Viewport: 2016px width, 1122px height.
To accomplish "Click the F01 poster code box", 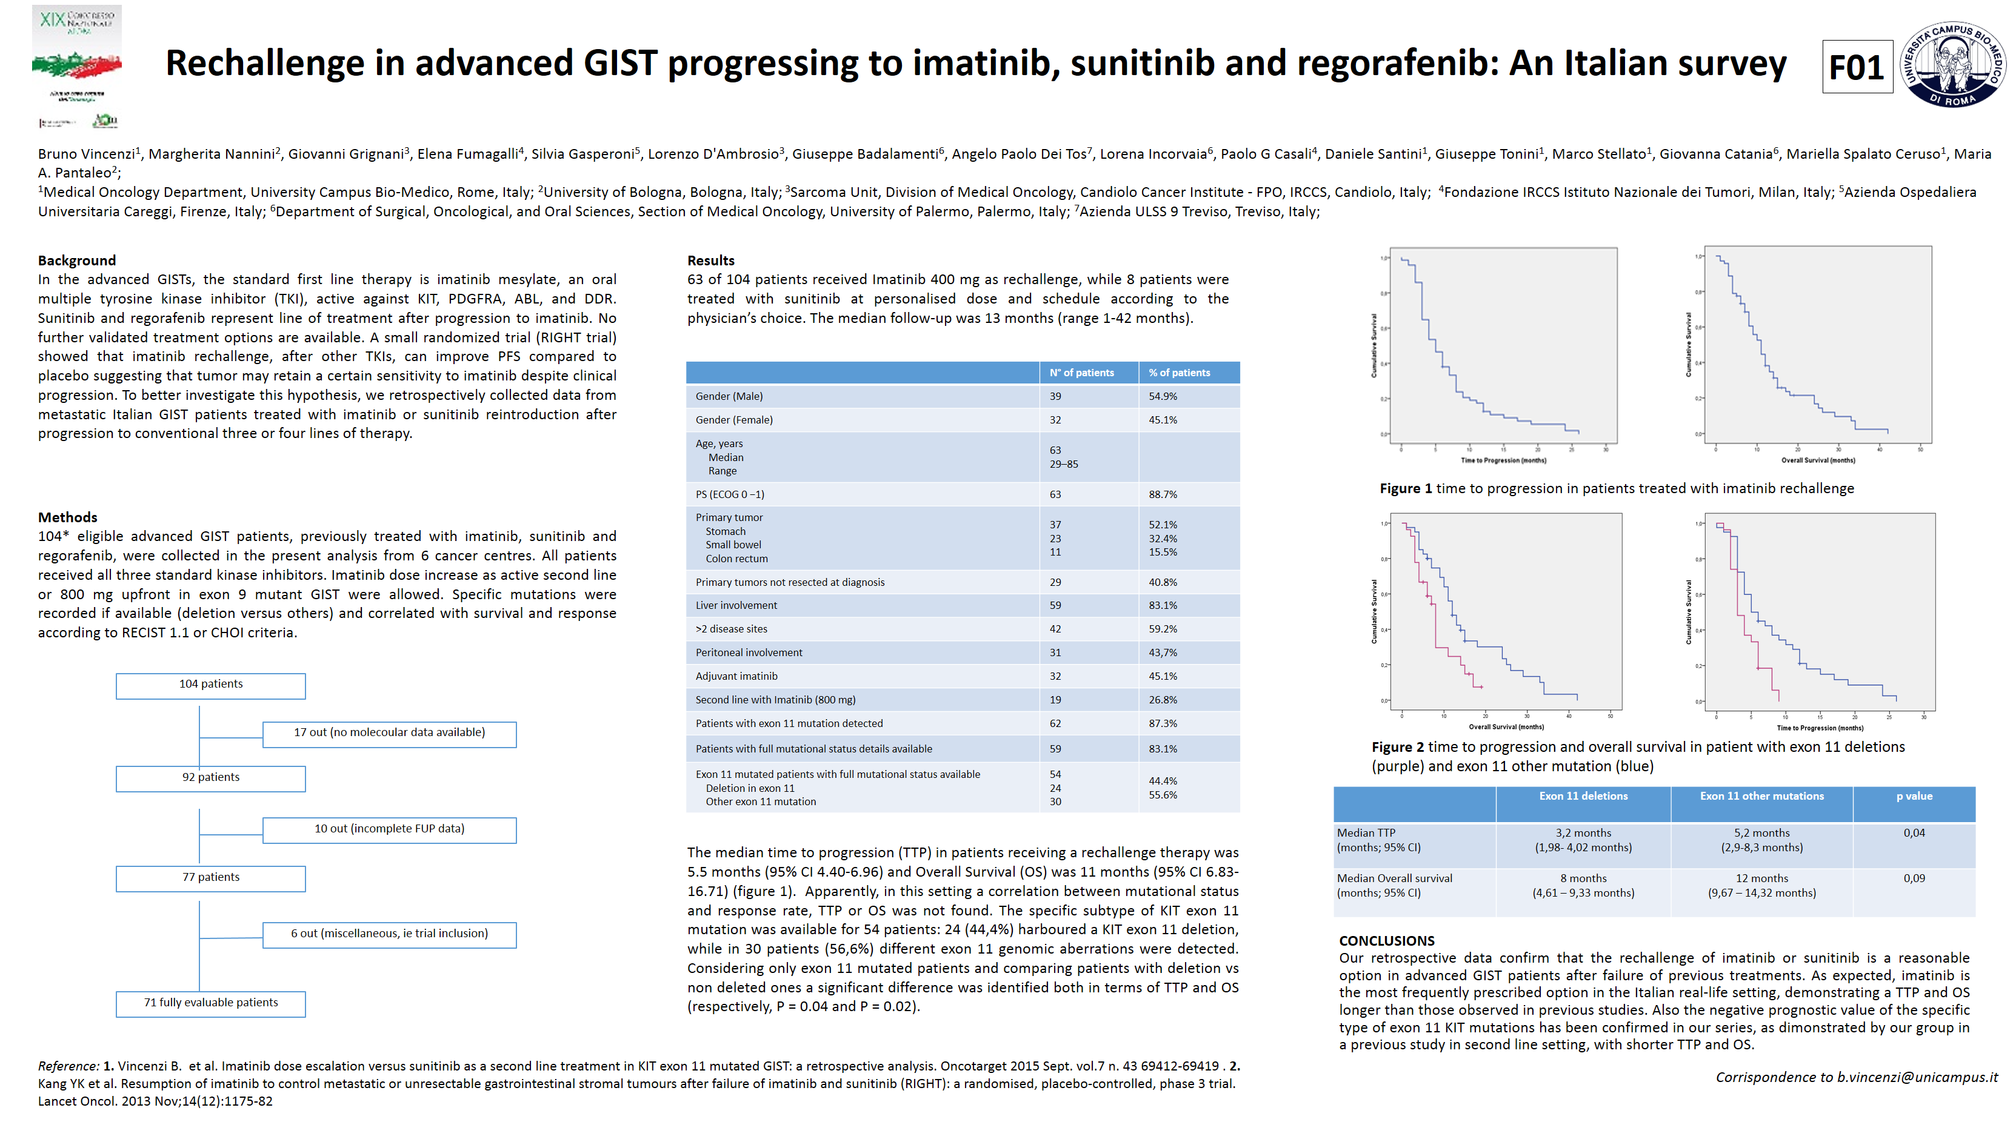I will pos(1857,67).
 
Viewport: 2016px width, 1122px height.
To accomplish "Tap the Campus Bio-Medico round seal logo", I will pos(1952,64).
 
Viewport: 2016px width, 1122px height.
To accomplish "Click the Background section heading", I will pos(77,261).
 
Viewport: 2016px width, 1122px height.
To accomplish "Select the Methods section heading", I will pos(68,517).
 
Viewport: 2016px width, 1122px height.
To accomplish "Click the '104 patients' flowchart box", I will pos(210,685).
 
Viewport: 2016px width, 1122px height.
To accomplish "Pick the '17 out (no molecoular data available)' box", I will pos(389,733).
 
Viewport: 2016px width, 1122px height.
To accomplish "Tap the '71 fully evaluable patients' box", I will pos(210,1003).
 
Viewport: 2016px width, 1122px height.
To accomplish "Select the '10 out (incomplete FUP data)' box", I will pos(389,829).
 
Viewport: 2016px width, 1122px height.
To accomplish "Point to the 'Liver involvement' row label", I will pos(736,606).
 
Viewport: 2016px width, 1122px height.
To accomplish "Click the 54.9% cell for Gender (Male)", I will pos(1163,397).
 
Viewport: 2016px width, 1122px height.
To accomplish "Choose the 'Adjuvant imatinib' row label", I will pos(736,676).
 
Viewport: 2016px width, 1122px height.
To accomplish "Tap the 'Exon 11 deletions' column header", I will pos(1583,797).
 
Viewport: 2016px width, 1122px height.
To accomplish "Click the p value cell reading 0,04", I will pos(1914,833).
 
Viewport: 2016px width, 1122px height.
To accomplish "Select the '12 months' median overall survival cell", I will pos(1761,878).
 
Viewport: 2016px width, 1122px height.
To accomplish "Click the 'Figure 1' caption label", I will pos(1406,489).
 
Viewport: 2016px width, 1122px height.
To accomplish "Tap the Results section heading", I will pos(710,261).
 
